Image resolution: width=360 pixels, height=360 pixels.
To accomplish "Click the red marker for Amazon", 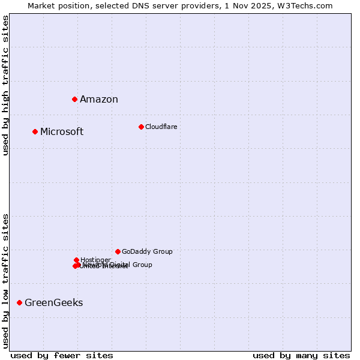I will coord(74,99).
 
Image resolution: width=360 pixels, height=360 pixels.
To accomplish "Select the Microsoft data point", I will coord(35,131).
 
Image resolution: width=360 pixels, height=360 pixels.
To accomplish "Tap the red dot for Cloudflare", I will coord(141,127).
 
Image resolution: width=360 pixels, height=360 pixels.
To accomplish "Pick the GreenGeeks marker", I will coord(19,302).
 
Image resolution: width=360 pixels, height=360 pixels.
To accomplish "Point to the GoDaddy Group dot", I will coord(118,251).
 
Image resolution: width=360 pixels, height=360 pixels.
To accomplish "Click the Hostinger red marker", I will coord(76,260).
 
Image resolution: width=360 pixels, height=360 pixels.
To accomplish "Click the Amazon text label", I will coord(99,100).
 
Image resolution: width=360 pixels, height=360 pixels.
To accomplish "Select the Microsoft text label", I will coord(62,132).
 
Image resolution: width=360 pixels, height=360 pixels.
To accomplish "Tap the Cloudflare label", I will coord(161,127).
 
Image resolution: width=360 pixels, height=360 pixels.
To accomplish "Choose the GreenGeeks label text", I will coord(54,303).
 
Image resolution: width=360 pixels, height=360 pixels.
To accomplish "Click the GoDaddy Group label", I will coord(147,252).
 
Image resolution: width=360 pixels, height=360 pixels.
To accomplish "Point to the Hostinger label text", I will coord(95,260).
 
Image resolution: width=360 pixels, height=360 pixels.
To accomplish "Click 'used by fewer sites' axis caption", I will coord(62,355).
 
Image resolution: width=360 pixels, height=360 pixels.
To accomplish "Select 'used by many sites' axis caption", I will coord(301,355).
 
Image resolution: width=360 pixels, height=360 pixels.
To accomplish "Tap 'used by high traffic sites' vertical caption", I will coord(5,85).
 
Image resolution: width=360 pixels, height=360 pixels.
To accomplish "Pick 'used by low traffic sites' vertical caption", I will coord(5,281).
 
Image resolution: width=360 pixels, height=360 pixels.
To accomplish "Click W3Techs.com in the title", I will coord(311,5).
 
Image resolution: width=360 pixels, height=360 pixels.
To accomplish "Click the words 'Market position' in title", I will coord(55,5).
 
